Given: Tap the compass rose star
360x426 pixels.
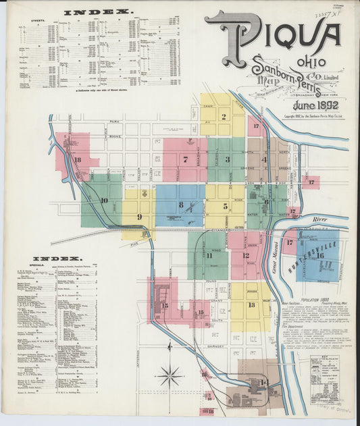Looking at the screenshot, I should pyautogui.click(x=170, y=375).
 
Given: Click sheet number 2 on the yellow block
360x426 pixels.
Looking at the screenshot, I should pyautogui.click(x=224, y=116).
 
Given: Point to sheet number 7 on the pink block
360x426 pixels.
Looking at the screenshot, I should pyautogui.click(x=185, y=160).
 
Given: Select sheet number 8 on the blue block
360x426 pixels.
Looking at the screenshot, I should pyautogui.click(x=180, y=205).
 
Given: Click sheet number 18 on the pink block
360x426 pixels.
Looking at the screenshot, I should pyautogui.click(x=78, y=160).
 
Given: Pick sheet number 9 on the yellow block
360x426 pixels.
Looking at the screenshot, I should pyautogui.click(x=139, y=216).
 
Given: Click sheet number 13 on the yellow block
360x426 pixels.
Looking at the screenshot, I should pyautogui.click(x=251, y=304).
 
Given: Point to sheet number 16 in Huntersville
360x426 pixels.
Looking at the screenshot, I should pyautogui.click(x=320, y=255).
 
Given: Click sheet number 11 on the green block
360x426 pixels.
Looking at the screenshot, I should pyautogui.click(x=209, y=255).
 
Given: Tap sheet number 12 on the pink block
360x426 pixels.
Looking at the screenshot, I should pyautogui.click(x=246, y=256).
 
